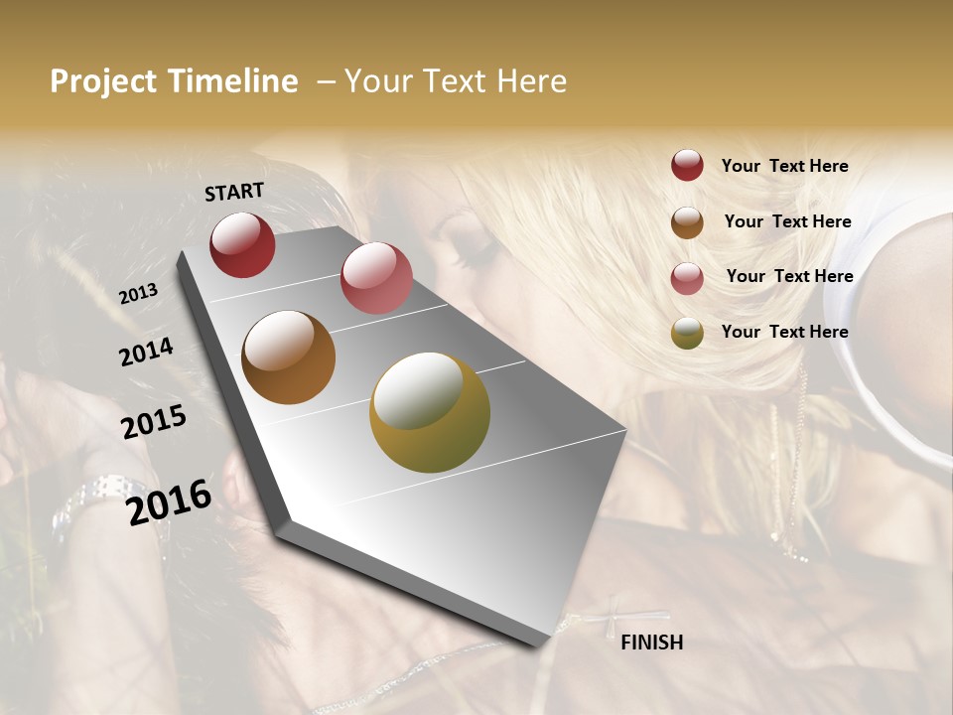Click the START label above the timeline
[234, 192]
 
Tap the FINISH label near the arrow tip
[651, 643]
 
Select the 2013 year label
[138, 294]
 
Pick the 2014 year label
[146, 353]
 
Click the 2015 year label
[154, 422]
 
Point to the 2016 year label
[169, 501]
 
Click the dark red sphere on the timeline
[242, 244]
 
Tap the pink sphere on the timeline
[376, 278]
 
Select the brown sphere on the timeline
[288, 357]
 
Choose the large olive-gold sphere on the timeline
[430, 412]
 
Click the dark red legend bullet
[687, 165]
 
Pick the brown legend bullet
[687, 222]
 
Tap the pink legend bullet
[687, 278]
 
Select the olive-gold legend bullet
[687, 333]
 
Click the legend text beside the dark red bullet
[784, 166]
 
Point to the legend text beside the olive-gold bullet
[784, 332]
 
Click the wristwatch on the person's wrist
[99, 497]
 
